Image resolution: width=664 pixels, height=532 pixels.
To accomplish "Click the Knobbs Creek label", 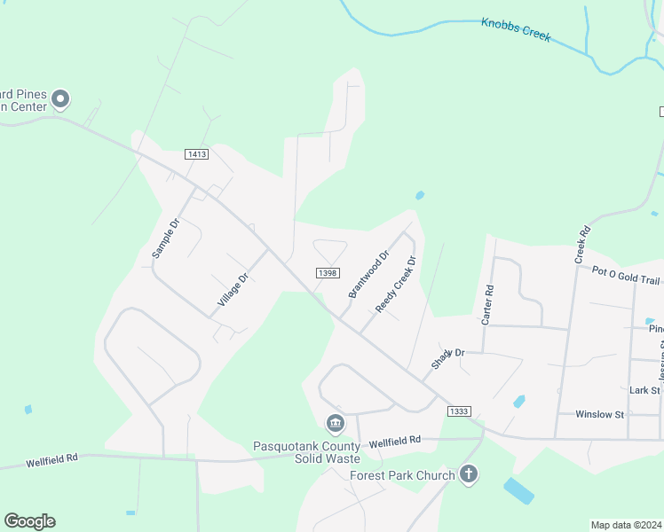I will [x=516, y=29].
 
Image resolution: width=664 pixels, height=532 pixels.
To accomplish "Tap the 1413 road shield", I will [x=196, y=154].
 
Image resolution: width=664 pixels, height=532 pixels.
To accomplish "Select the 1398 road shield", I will [x=326, y=273].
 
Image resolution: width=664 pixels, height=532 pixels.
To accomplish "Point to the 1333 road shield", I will [x=459, y=411].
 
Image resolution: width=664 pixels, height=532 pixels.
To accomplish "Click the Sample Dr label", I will [x=165, y=238].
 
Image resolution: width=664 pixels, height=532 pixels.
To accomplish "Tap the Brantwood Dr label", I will [x=368, y=275].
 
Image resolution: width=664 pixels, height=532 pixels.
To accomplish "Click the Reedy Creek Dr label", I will [x=396, y=285].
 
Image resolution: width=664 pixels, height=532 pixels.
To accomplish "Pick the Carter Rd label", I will [x=486, y=304].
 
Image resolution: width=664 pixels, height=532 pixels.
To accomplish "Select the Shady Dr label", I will [x=448, y=358].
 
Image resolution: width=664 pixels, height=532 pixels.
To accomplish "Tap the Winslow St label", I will [x=600, y=414].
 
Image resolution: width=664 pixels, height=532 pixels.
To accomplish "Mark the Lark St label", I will [x=644, y=390].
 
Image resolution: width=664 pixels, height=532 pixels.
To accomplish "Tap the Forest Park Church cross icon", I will [x=469, y=475].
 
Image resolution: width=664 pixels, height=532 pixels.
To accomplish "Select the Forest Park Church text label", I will [x=402, y=475].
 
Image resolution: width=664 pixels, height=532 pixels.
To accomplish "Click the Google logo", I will [x=29, y=521].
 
